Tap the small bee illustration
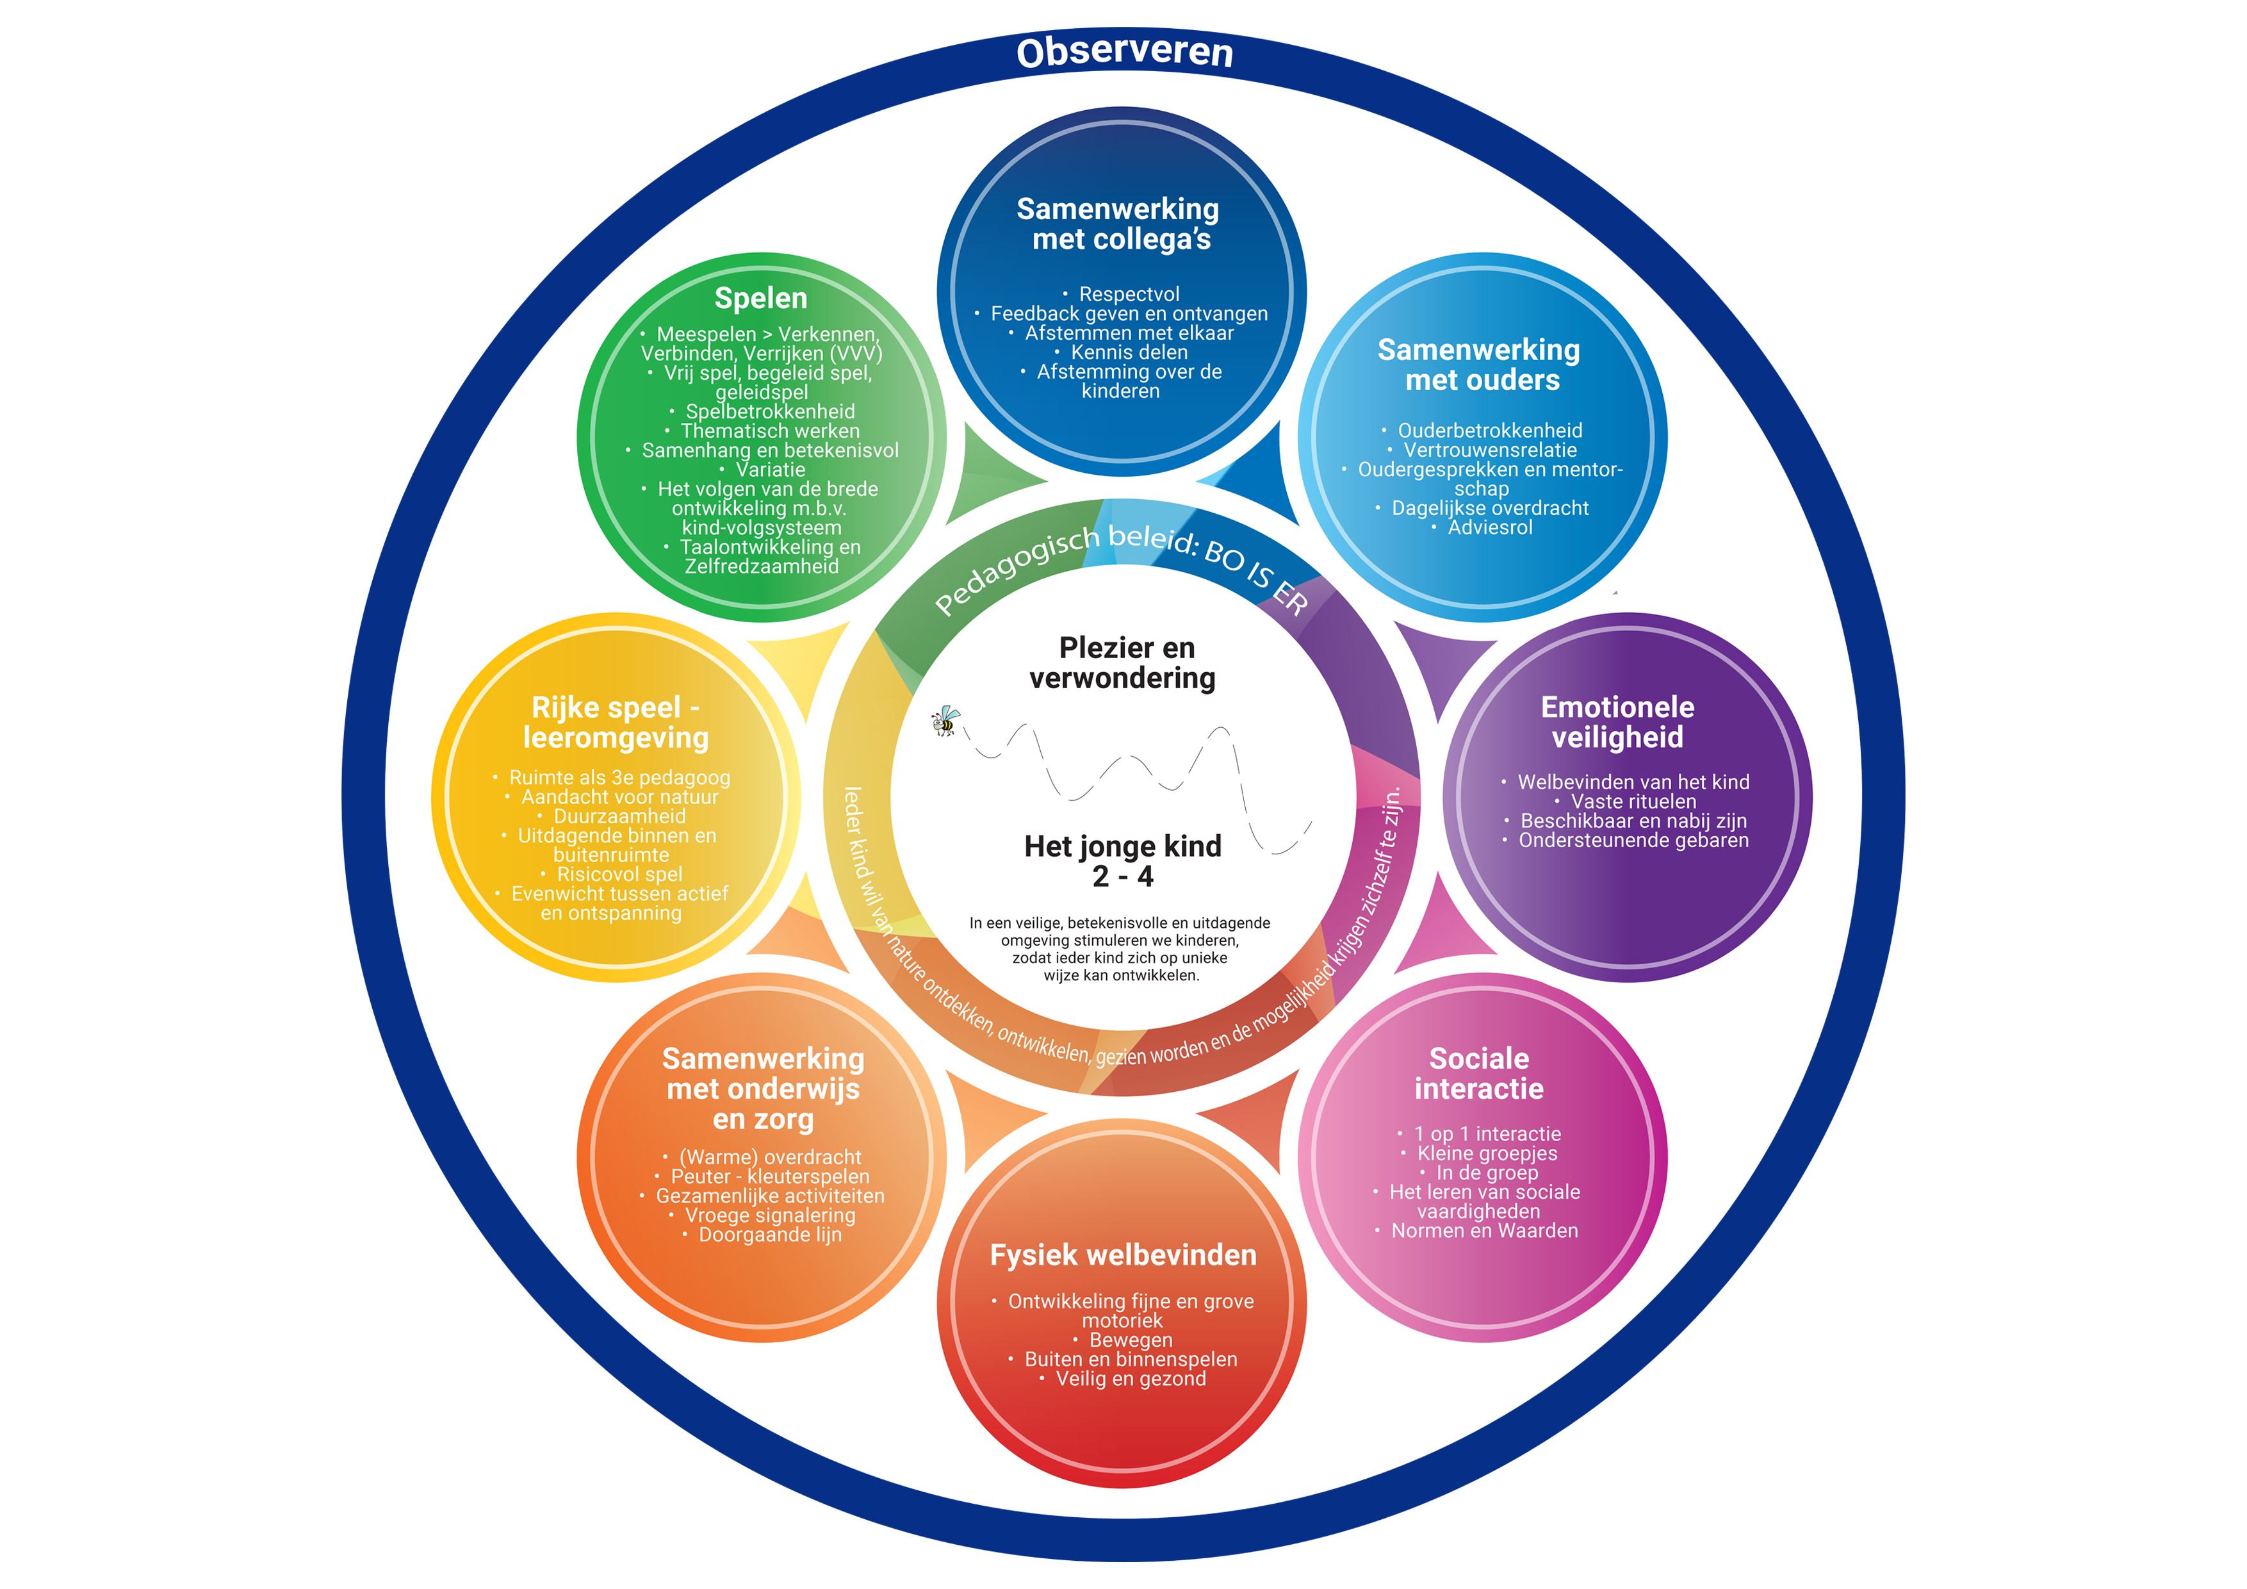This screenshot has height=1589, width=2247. pos(945,721)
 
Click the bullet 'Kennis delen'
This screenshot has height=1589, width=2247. pos(1129,352)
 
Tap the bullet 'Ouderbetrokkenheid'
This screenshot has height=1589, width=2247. pos(1489,431)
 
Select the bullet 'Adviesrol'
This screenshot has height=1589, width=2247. pos(1489,528)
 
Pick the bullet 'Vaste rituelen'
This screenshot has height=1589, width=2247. pos(1632,802)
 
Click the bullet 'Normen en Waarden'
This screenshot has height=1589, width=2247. pos(1483,1231)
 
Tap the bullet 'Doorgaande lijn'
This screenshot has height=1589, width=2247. pos(769,1235)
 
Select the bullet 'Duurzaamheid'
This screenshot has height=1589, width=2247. pos(619,816)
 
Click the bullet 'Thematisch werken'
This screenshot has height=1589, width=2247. pos(769,431)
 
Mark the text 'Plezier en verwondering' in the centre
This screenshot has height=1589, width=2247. pos(1123,663)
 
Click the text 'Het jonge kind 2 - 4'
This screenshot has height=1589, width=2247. pos(1122,860)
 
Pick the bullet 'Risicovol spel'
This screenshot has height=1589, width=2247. pos(619,875)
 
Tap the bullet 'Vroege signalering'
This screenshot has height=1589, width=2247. pos(769,1215)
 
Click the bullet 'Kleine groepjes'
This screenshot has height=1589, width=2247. pos(1487,1153)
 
